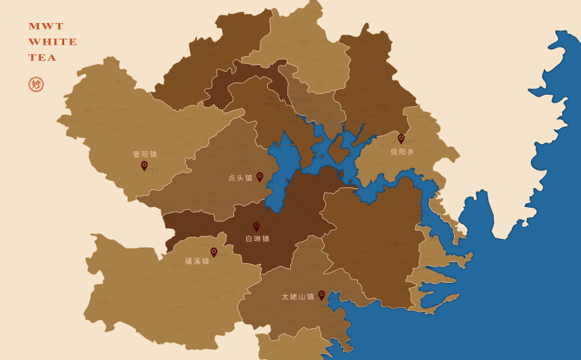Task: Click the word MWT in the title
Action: click(46, 26)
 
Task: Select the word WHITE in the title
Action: click(53, 42)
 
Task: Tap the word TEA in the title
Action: click(43, 58)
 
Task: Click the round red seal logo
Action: click(36, 85)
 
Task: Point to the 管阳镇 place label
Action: click(145, 154)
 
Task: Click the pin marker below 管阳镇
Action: click(144, 165)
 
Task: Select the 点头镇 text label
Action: click(240, 178)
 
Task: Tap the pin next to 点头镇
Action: click(259, 177)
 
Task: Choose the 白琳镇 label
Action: click(257, 239)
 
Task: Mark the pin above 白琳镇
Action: click(256, 226)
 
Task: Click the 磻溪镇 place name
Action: click(197, 261)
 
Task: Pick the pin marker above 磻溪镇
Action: click(214, 252)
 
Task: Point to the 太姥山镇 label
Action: click(298, 297)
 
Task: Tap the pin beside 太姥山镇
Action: click(321, 295)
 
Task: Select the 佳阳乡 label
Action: click(402, 152)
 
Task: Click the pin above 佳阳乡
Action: click(401, 138)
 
